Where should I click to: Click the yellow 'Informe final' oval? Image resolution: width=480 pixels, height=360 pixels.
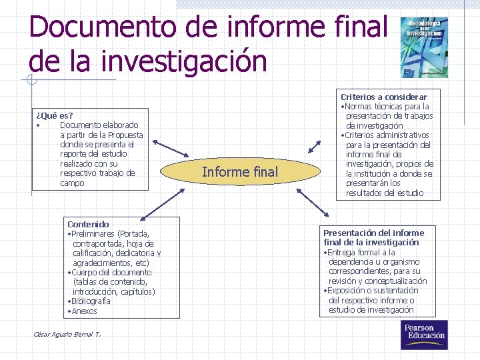coord(240,172)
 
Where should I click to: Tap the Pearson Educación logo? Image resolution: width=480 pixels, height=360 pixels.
coord(423,334)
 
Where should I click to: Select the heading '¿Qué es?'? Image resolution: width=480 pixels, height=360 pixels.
coord(55,115)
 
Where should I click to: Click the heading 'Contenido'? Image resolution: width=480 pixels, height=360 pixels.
coord(88,224)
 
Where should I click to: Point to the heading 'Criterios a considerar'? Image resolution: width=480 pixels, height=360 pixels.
coord(384,97)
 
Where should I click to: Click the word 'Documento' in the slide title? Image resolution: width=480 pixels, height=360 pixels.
coord(94,27)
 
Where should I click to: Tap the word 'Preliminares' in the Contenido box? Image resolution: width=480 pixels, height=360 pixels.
coord(93,234)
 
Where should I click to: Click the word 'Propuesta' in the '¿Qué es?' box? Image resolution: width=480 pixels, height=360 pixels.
coord(125,135)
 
